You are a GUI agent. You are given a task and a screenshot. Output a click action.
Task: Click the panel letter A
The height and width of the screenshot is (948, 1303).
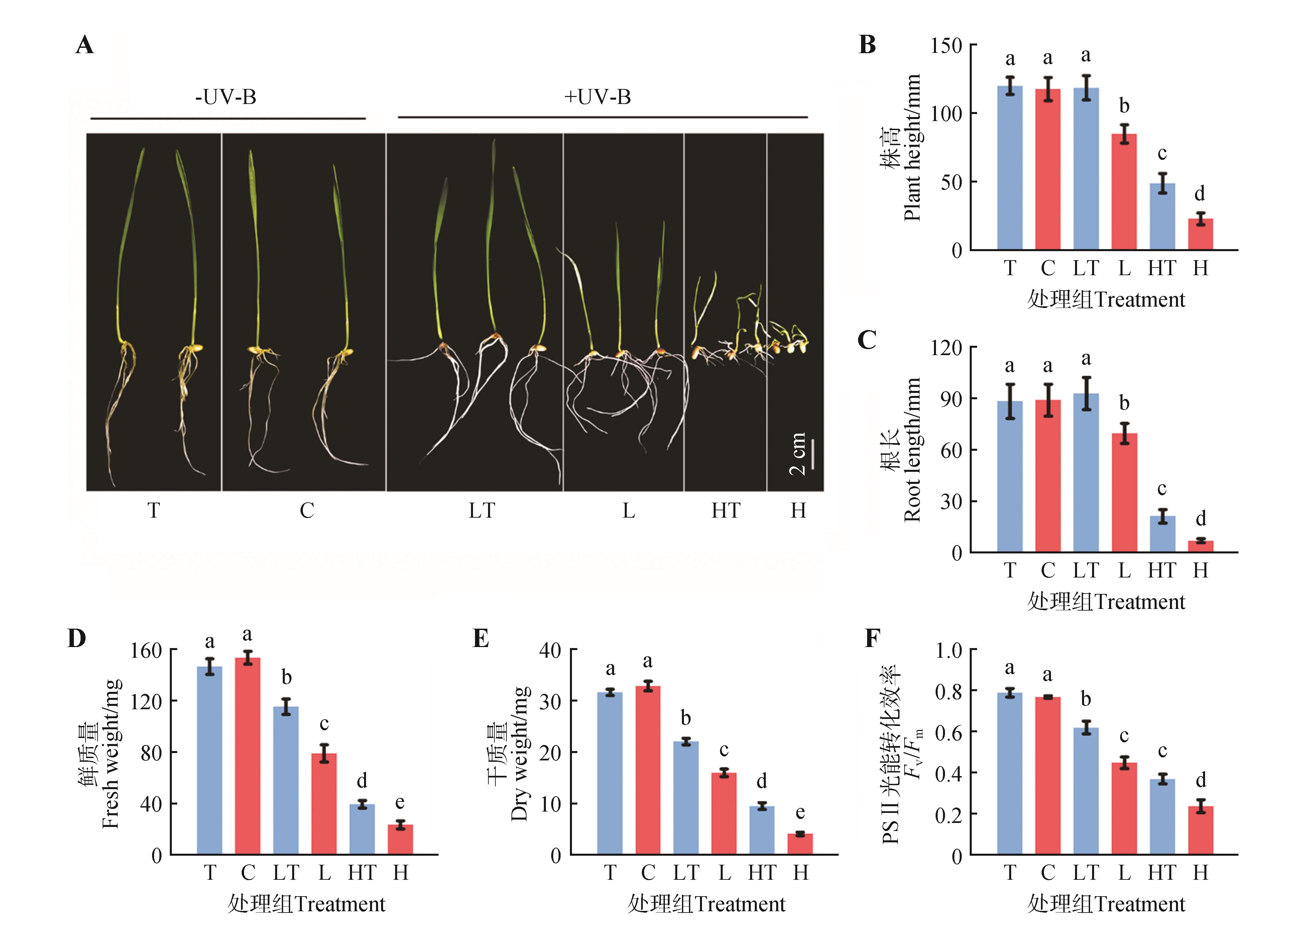click(x=85, y=45)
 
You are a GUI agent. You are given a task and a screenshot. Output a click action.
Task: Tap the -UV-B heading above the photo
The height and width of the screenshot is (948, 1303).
click(x=225, y=97)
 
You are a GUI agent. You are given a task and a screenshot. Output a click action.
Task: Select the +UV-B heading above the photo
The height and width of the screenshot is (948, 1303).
click(x=597, y=97)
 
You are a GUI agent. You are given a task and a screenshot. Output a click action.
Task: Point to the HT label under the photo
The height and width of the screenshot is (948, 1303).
click(x=726, y=510)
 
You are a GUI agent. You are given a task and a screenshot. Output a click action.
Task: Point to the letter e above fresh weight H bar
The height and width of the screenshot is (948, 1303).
click(x=400, y=802)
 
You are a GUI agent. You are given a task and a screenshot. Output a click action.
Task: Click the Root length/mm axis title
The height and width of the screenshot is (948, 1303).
click(x=912, y=449)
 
